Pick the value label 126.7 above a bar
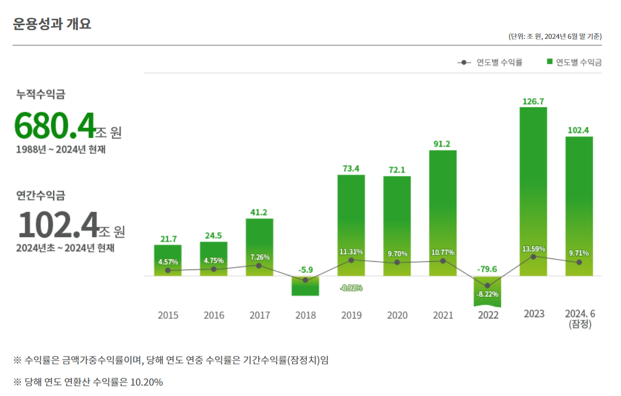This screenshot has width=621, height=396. [533, 101]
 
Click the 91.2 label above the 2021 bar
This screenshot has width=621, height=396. [442, 144]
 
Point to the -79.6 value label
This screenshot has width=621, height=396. [487, 269]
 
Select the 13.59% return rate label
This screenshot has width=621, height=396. [533, 249]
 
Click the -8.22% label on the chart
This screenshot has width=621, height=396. [487, 294]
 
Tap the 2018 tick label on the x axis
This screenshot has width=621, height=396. [305, 315]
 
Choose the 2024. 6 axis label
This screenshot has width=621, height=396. [580, 314]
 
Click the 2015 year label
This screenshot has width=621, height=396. [168, 315]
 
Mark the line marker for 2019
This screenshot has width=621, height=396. [351, 260]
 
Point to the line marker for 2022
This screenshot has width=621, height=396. [487, 285]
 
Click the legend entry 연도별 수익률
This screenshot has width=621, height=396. [490, 62]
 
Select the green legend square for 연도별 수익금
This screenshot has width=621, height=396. [549, 62]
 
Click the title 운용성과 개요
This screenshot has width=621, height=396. [52, 24]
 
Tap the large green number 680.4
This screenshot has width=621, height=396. [55, 126]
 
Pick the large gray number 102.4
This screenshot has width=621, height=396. [58, 225]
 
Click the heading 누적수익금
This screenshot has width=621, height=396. [41, 94]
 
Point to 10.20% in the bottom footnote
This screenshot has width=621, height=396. [146, 382]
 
